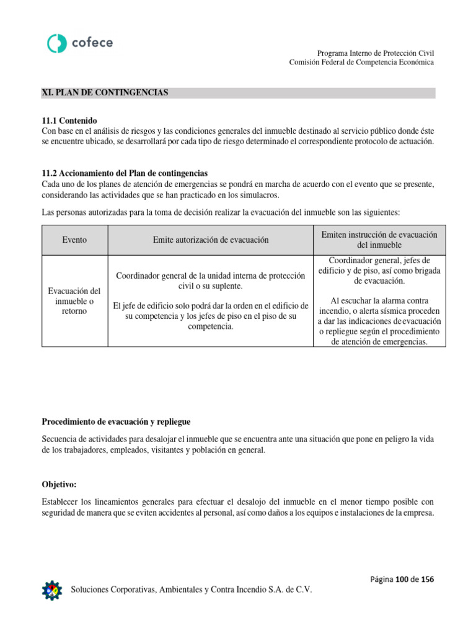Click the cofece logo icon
click(x=57, y=43)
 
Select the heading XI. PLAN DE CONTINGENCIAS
click(x=105, y=93)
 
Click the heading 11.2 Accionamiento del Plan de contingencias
click(x=125, y=173)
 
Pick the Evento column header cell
click(x=74, y=240)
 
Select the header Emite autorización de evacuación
click(x=211, y=240)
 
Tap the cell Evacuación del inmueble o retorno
click(x=74, y=301)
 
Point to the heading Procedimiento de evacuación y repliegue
click(x=116, y=422)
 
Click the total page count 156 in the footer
click(x=428, y=579)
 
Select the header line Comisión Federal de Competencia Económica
click(x=362, y=63)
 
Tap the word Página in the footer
click(x=382, y=579)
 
